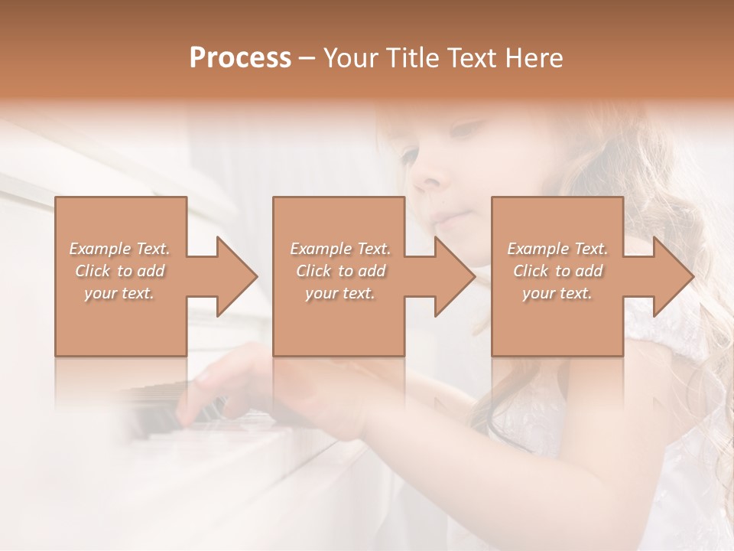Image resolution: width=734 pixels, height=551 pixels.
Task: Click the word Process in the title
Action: tap(240, 58)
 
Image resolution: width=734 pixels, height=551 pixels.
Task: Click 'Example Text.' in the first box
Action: tap(119, 249)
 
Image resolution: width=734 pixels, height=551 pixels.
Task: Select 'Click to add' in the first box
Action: tap(119, 271)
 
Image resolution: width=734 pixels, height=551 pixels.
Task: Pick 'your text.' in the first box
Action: tap(119, 293)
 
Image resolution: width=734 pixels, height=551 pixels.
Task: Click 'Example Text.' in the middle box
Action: tap(339, 249)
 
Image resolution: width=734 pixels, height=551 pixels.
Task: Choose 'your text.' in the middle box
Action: tap(339, 293)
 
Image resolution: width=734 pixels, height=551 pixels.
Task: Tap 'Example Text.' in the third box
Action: tap(557, 249)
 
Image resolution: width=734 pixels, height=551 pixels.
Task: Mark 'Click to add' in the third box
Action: tap(557, 271)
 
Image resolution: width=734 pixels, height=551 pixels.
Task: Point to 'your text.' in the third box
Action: tap(557, 293)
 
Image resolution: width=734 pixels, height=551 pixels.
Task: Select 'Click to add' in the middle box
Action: tap(339, 271)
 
